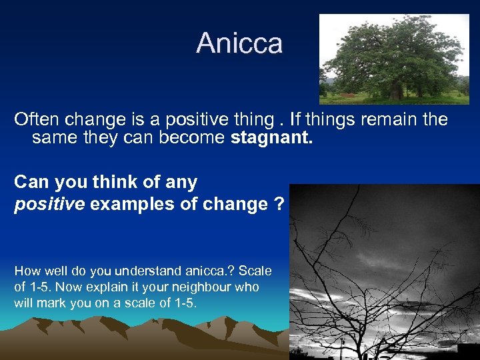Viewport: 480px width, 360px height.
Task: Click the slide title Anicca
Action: click(x=239, y=43)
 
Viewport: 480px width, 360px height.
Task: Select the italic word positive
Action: click(x=49, y=204)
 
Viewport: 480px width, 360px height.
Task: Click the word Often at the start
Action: click(x=36, y=120)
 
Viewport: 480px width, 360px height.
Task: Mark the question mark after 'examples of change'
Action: click(x=279, y=204)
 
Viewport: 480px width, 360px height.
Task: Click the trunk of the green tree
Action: click(x=395, y=90)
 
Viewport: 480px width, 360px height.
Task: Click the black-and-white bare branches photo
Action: click(x=384, y=273)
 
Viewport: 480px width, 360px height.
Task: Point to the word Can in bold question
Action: click(x=30, y=181)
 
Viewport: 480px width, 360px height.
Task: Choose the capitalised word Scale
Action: click(x=255, y=271)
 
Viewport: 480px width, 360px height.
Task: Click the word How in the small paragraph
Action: click(x=27, y=271)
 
